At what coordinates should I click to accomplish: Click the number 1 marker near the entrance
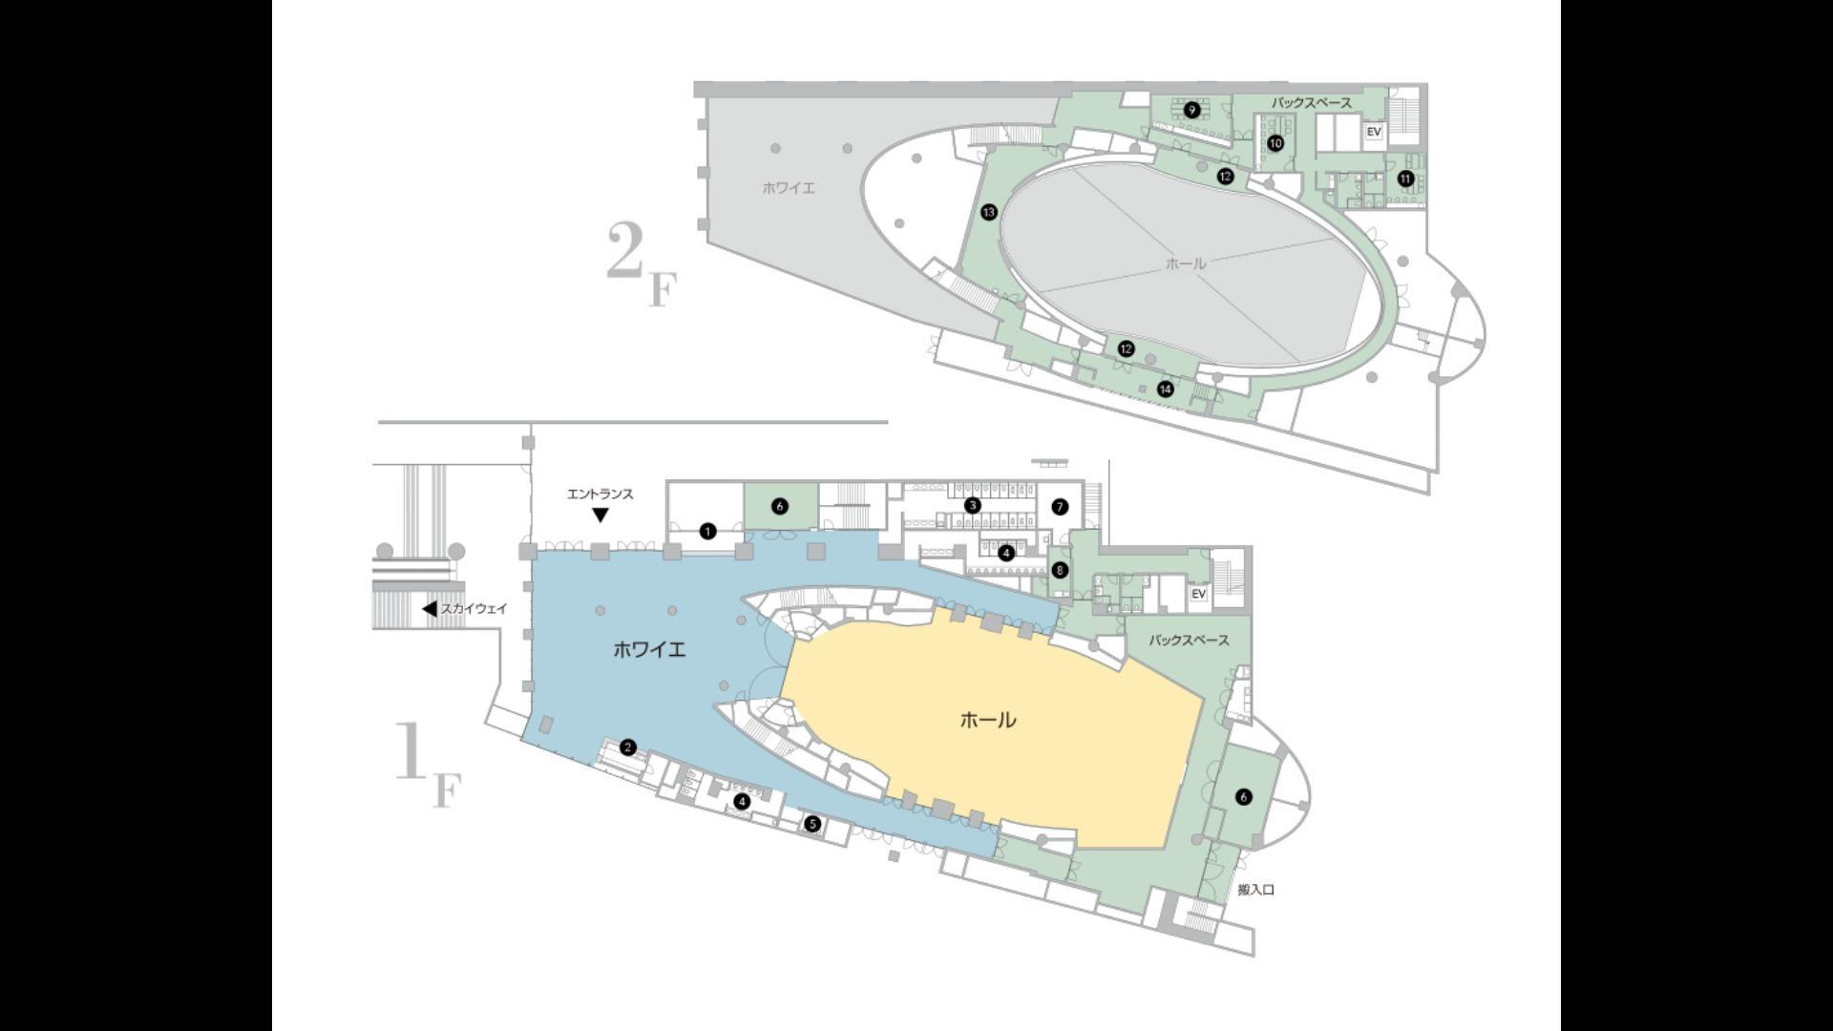point(707,532)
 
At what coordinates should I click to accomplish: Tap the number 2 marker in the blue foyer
point(627,747)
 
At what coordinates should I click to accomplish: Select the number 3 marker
point(972,505)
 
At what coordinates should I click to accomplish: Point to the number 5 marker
point(812,824)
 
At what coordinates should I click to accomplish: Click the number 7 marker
point(1060,507)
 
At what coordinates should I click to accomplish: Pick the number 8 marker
point(1059,570)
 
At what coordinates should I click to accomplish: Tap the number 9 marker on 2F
point(1191,110)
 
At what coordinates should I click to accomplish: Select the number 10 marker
point(1275,143)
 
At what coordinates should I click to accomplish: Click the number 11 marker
point(1405,179)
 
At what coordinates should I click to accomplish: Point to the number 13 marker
point(989,212)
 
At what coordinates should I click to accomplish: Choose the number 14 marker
point(1165,389)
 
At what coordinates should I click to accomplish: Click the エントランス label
point(600,494)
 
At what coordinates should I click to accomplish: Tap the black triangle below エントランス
point(600,515)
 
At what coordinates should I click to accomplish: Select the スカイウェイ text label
point(474,608)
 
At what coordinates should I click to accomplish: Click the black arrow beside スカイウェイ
point(430,609)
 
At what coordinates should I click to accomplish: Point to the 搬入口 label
point(1256,890)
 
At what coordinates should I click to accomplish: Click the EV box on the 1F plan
point(1199,594)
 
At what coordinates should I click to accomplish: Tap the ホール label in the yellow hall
point(988,720)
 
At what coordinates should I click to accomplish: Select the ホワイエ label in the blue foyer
point(649,650)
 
